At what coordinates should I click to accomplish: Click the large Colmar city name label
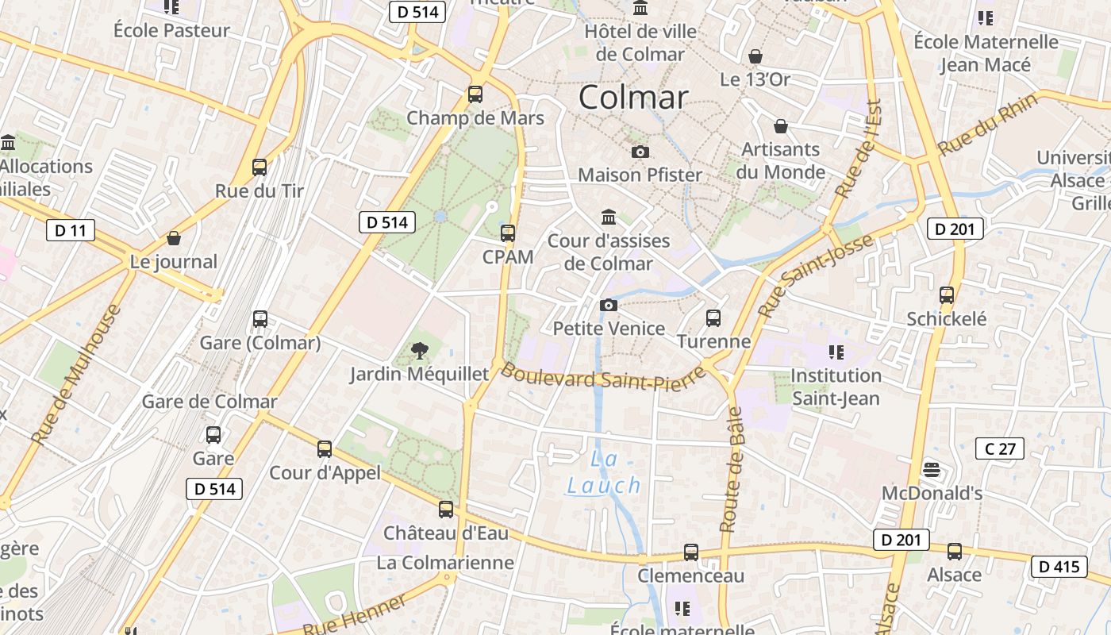632,98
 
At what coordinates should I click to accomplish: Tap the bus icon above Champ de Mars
475,94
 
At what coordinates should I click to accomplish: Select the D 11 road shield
71,231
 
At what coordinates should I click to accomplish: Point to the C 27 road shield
1000,448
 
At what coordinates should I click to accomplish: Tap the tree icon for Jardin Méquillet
419,349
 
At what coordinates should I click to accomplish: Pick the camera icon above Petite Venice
608,306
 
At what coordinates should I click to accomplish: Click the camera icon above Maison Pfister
640,152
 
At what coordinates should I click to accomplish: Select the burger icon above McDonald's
932,470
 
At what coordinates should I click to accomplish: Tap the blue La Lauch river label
604,473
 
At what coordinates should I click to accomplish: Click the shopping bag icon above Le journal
173,238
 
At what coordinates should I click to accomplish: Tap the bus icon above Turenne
713,318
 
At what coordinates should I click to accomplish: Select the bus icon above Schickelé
947,295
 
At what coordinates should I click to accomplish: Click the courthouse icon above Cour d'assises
609,217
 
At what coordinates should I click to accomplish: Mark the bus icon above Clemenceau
691,552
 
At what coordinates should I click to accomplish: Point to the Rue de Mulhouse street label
77,373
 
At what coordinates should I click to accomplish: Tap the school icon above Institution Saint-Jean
836,352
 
